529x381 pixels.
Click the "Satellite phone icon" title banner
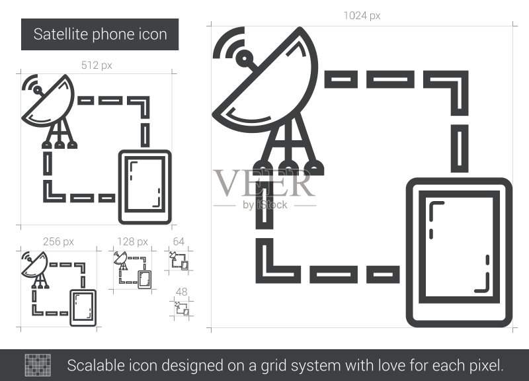pos(100,34)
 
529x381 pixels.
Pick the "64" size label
pos(179,241)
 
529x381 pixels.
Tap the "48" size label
pos(181,292)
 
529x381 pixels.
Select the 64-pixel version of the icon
pos(179,261)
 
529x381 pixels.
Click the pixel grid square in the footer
pos(38,365)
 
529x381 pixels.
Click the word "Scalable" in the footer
pos(88,366)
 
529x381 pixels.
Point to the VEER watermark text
pos(264,183)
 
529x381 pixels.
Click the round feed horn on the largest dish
pos(243,59)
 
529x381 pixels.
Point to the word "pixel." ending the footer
pos(486,366)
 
